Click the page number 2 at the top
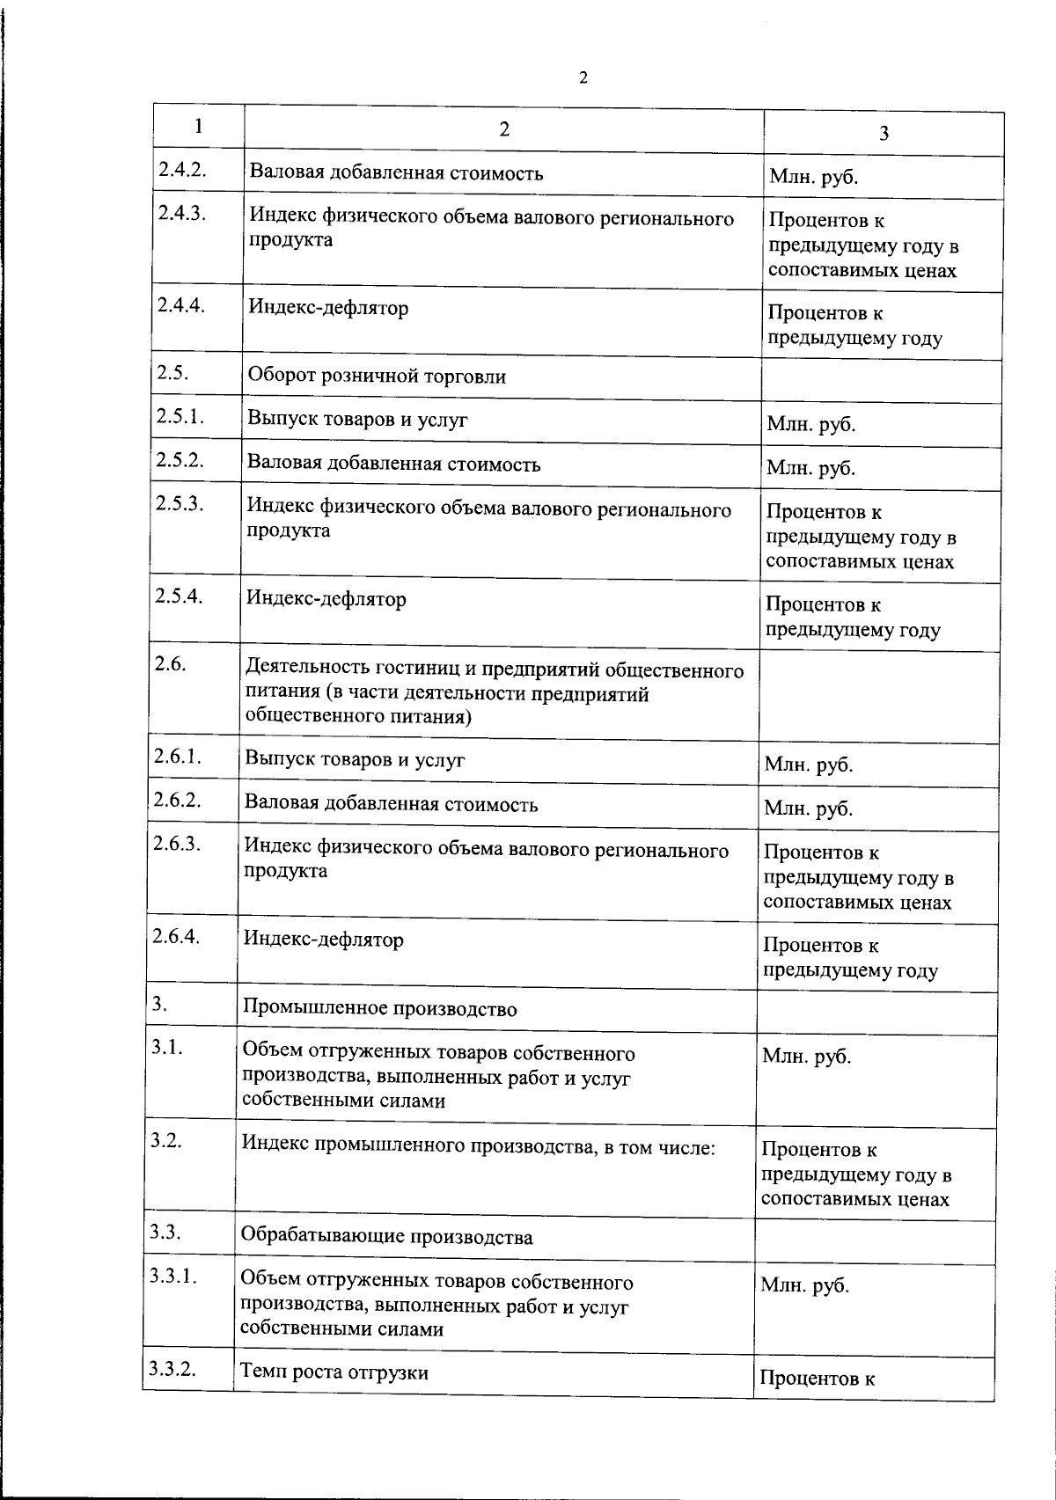583,78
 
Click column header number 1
199,126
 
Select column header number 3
884,133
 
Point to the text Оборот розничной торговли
377,377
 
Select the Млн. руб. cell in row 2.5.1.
810,425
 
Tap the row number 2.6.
169,664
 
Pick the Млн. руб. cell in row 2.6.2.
808,808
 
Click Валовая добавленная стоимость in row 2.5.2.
393,464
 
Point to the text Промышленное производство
379,1009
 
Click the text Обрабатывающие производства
386,1237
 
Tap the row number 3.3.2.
172,1368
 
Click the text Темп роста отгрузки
334,1372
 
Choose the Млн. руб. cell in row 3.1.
806,1057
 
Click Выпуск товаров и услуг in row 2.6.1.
355,759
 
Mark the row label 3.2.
165,1140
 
